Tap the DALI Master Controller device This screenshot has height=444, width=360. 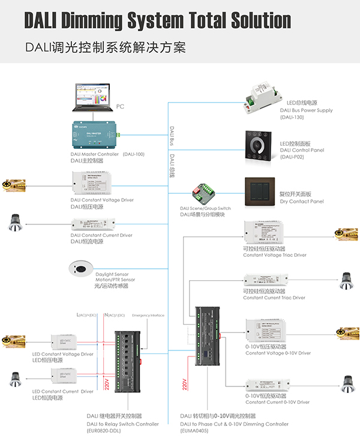(x=93, y=135)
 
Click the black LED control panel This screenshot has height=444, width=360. (x=259, y=144)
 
